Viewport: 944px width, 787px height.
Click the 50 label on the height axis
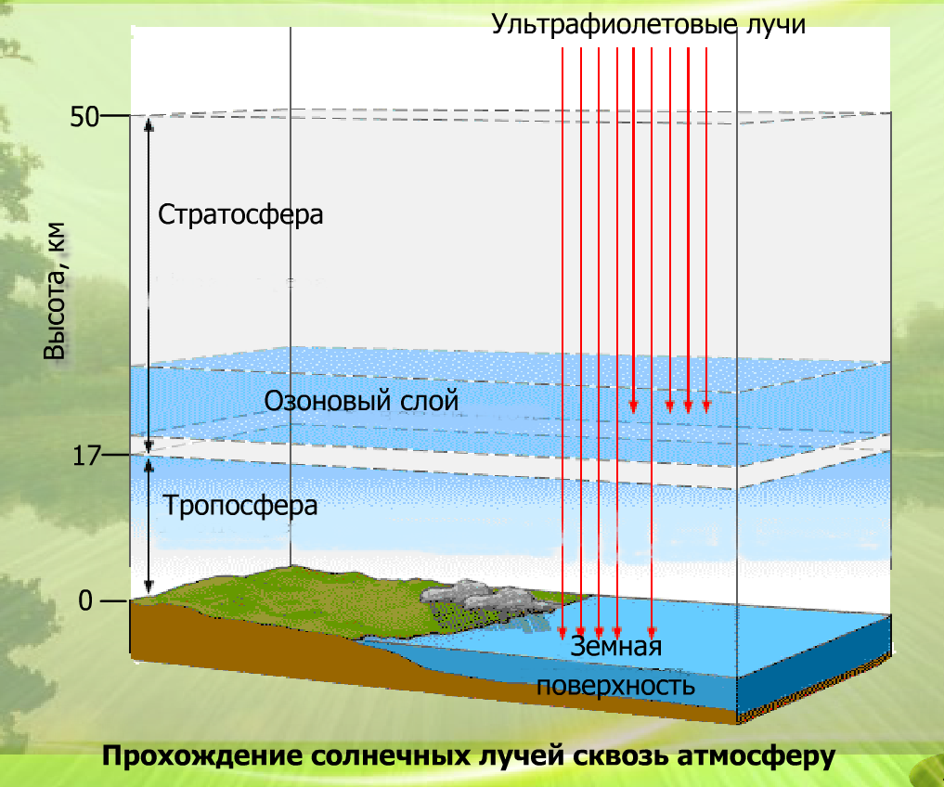click(x=84, y=117)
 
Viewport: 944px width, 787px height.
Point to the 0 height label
click(x=85, y=601)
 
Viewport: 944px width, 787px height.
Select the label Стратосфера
click(x=240, y=214)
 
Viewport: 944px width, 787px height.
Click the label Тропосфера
click(x=240, y=507)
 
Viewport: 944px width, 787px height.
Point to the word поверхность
click(x=615, y=686)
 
